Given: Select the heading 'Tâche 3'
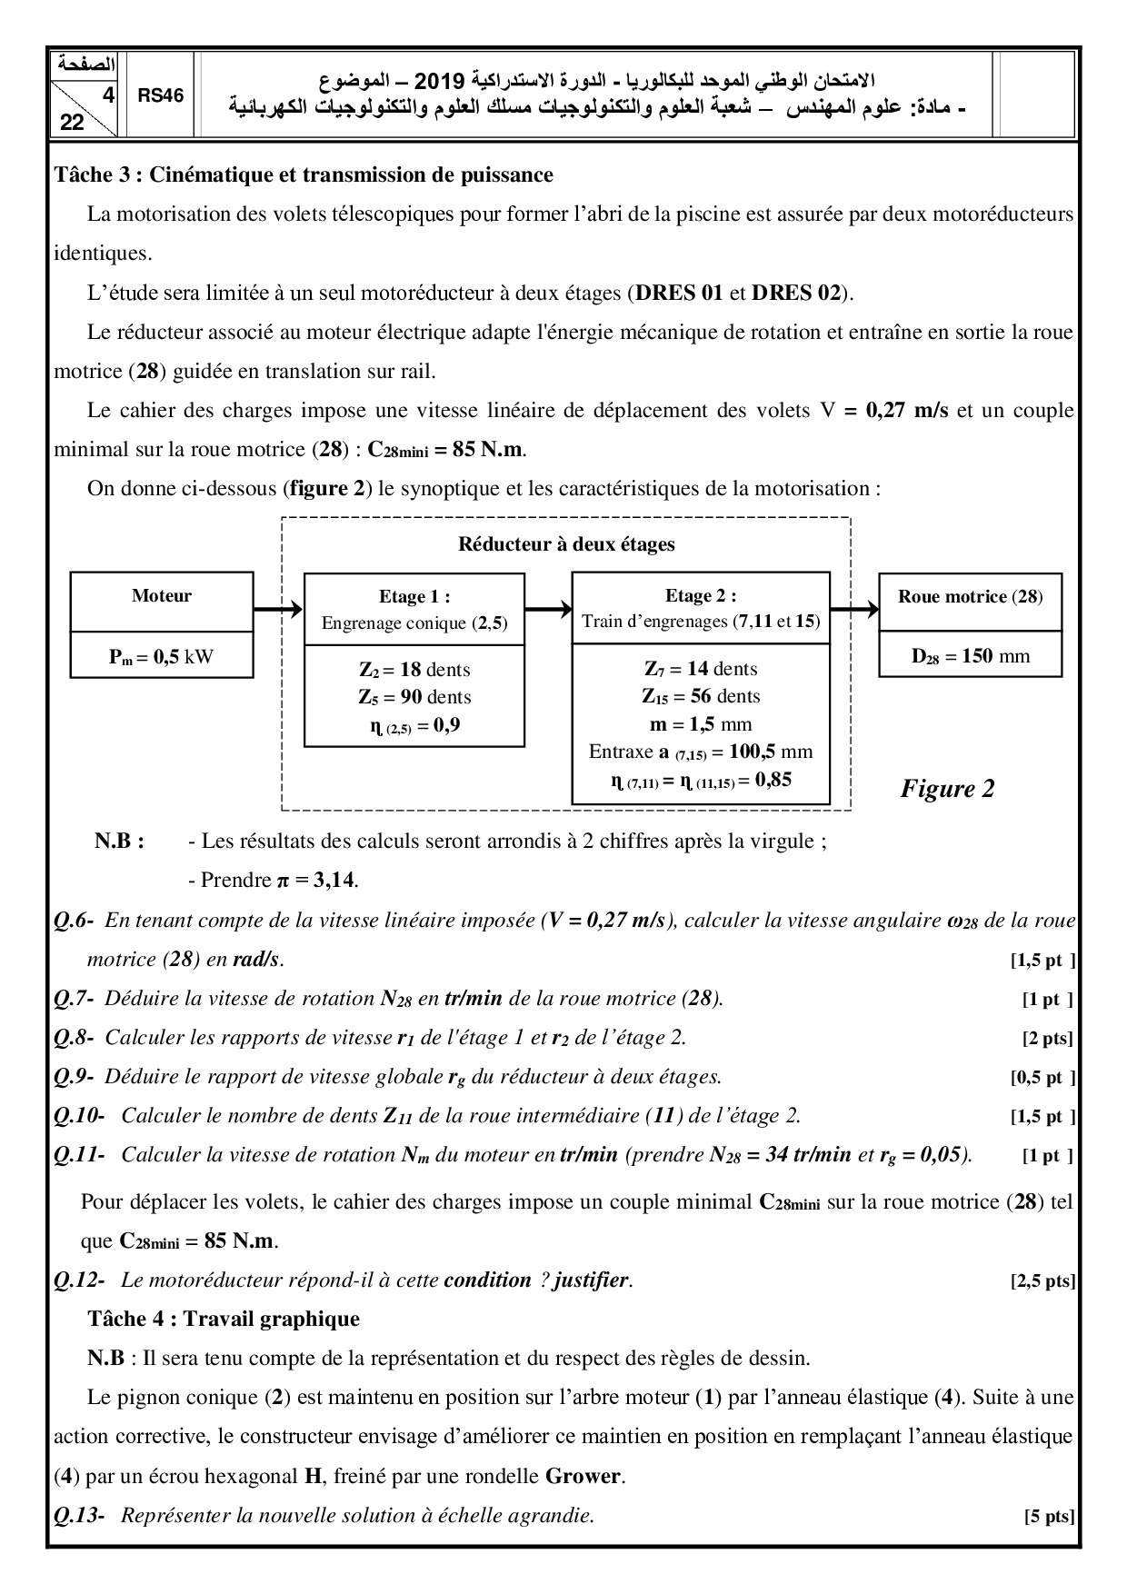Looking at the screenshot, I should click(304, 174).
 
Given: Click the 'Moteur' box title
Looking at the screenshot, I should click(162, 596).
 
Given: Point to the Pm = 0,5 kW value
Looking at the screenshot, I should click(162, 656).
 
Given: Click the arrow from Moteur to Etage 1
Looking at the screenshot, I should click(278, 609).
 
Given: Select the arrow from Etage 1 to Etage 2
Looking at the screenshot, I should click(548, 609).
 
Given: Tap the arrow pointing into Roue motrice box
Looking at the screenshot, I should click(854, 609).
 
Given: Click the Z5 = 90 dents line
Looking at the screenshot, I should click(414, 697).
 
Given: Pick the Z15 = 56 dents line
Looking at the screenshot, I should click(700, 696).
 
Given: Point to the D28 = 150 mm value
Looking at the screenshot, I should click(971, 656).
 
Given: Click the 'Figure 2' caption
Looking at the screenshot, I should click(947, 788).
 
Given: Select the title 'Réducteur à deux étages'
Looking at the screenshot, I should click(566, 544).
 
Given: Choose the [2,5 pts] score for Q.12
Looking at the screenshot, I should click(1042, 1281).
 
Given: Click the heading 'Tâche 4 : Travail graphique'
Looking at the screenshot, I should click(224, 1319).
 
